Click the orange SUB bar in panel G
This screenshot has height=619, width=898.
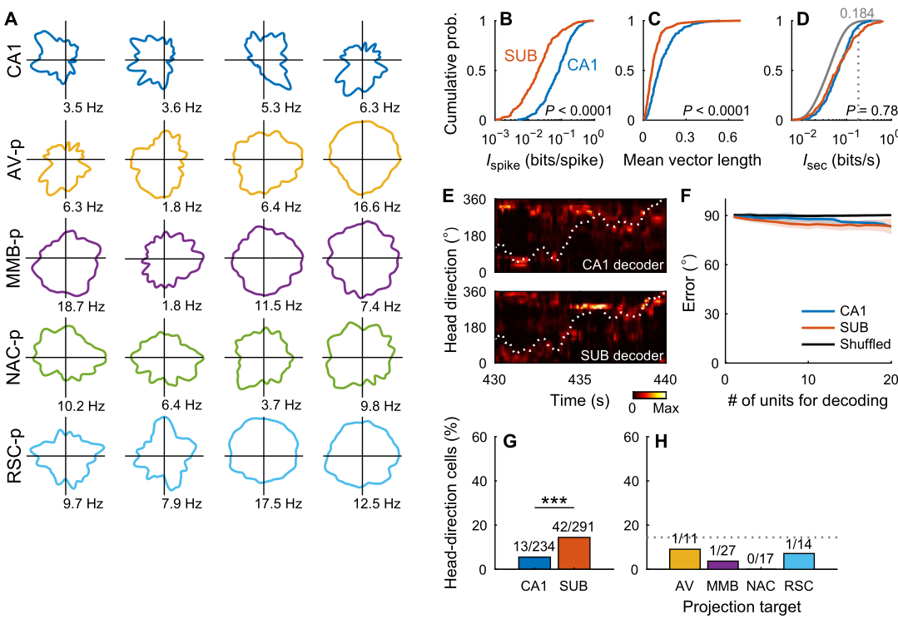574,553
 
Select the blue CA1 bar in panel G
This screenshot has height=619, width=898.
534,563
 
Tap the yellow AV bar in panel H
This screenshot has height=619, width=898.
685,559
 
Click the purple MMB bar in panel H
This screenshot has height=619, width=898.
722,565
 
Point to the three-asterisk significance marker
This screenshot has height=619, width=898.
554,501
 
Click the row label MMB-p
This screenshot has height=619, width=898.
15,258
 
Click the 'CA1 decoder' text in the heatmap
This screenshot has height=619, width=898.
623,265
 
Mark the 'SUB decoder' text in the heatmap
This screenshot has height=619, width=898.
623,356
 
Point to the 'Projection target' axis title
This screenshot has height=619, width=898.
742,607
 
